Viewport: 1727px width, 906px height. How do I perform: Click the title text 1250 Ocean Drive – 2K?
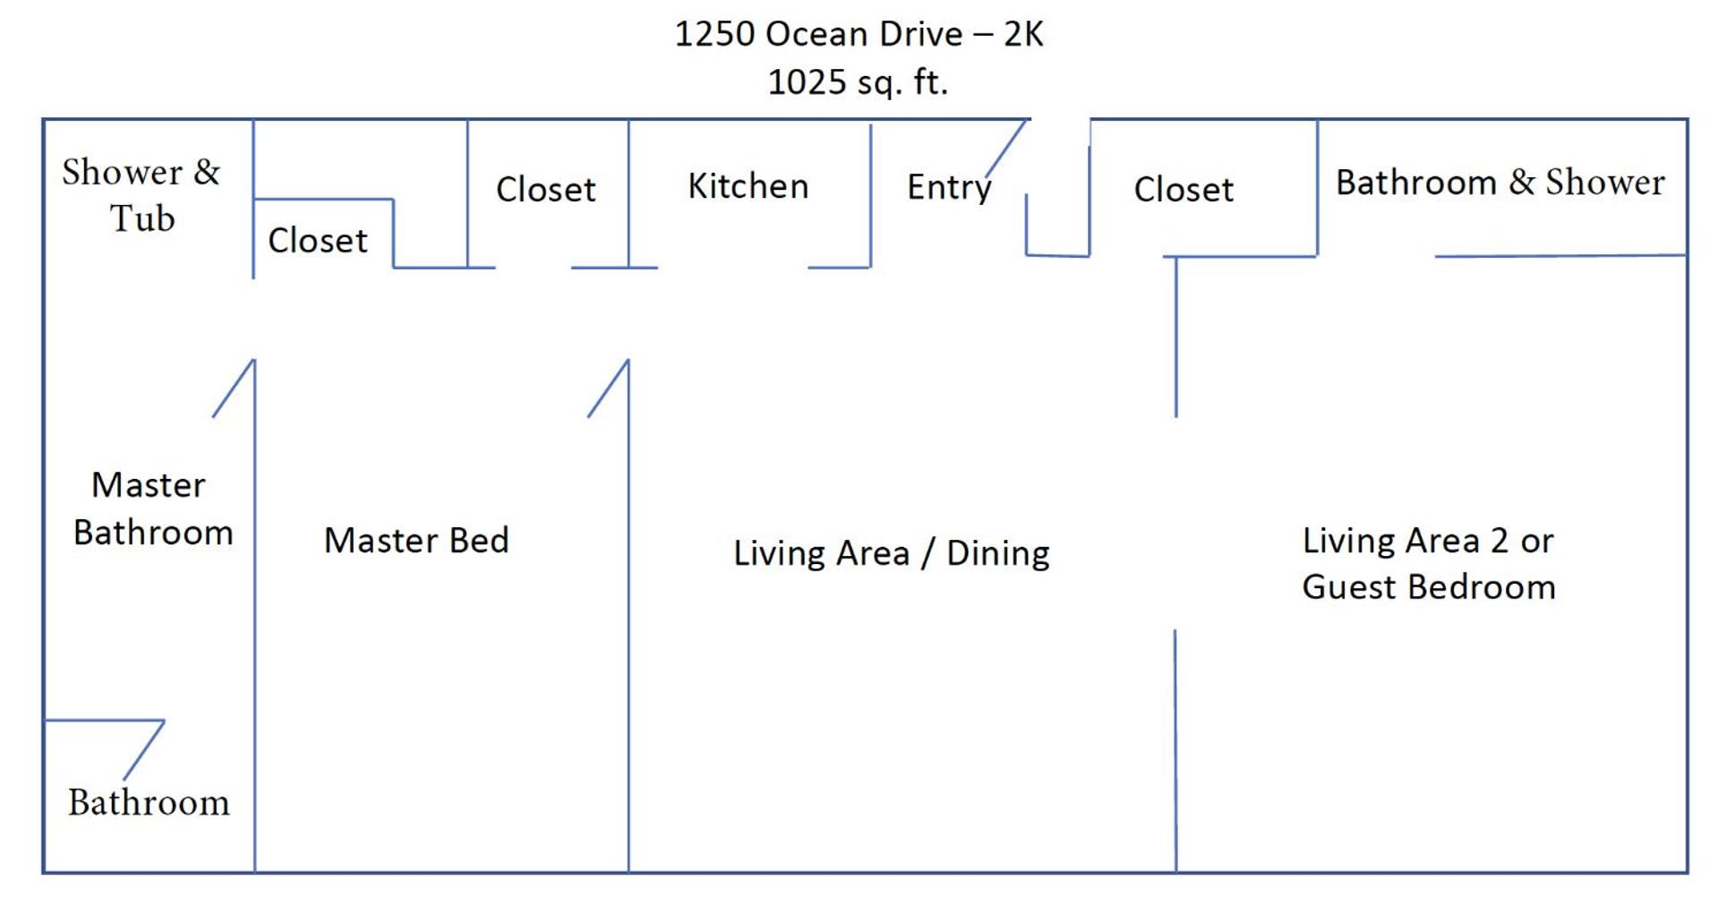pyautogui.click(x=859, y=34)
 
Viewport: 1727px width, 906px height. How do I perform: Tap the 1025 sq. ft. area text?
pyautogui.click(x=858, y=82)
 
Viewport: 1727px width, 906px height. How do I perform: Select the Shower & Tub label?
pyautogui.click(x=141, y=194)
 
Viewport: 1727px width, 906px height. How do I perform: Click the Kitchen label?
pyautogui.click(x=748, y=186)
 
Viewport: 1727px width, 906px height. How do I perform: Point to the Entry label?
pyautogui.click(x=949, y=188)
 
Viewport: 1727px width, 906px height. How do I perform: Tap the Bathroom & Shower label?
pyautogui.click(x=1500, y=182)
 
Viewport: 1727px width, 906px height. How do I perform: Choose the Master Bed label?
pyautogui.click(x=416, y=540)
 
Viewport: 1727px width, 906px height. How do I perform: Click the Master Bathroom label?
pyautogui.click(x=152, y=509)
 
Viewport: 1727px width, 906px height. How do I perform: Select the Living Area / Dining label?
pyautogui.click(x=892, y=553)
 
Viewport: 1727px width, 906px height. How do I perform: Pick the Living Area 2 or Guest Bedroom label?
pyautogui.click(x=1429, y=564)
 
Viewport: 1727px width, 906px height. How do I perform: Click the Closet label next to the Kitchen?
pyautogui.click(x=546, y=189)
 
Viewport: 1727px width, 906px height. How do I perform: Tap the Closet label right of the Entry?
pyautogui.click(x=1184, y=189)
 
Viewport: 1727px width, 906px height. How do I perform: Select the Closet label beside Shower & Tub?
pyautogui.click(x=318, y=240)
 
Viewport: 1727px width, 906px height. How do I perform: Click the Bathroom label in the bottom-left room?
pyautogui.click(x=149, y=802)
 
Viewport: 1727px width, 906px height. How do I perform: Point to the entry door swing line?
pyautogui.click(x=1005, y=149)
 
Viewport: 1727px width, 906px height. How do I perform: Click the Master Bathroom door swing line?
pyautogui.click(x=234, y=389)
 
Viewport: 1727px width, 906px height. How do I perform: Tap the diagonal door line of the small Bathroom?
pyautogui.click(x=143, y=750)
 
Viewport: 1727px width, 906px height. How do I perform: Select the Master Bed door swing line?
pyautogui.click(x=609, y=389)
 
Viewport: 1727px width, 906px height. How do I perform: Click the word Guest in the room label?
pyautogui.click(x=1355, y=587)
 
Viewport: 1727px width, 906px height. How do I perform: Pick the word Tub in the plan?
pyautogui.click(x=142, y=218)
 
